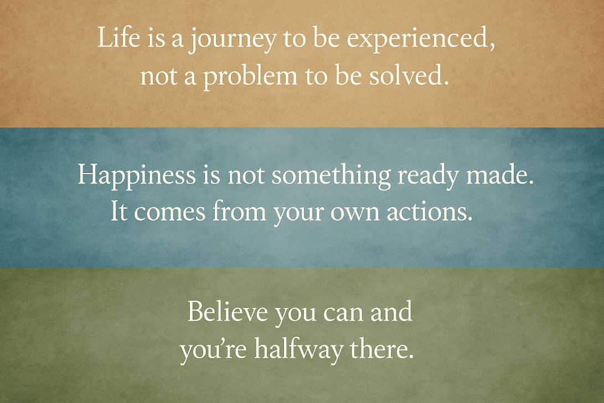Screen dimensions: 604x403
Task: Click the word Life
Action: point(118,37)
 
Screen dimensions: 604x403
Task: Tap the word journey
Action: point(231,40)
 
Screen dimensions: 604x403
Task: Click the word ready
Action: point(429,176)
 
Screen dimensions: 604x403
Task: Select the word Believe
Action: point(228,311)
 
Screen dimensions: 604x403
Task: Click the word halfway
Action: point(298,350)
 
